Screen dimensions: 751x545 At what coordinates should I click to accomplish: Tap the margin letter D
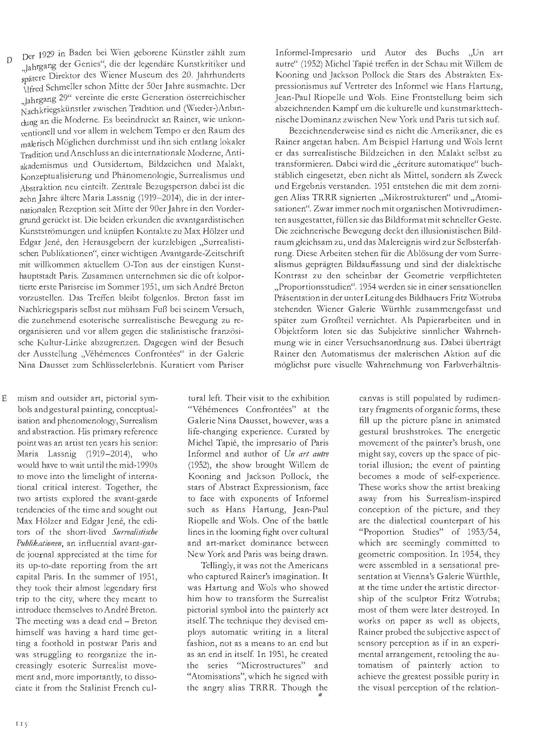coord(10,60)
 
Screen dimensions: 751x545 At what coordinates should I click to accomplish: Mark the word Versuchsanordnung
coord(377,342)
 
